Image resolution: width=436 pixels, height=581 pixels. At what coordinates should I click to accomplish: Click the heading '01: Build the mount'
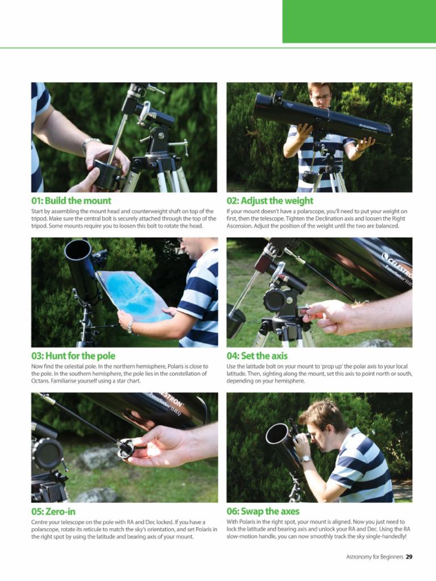tap(71, 201)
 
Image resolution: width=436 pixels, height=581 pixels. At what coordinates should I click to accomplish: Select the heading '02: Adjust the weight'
tap(270, 201)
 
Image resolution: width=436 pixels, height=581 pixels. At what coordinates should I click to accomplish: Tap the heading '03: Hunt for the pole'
tap(73, 356)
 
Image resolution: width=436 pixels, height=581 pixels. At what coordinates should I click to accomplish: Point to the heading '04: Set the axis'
tap(257, 356)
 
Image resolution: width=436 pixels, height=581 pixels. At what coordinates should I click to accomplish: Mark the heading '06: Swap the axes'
tap(263, 511)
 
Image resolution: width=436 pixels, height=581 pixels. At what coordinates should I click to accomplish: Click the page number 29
tap(409, 557)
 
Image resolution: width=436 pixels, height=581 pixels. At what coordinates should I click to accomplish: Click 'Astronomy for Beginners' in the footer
tap(375, 557)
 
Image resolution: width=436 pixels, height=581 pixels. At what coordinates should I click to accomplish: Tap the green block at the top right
tap(359, 21)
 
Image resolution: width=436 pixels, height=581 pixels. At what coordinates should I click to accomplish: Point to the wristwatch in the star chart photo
tap(131, 327)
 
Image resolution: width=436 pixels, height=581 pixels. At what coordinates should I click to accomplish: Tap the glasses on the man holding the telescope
tap(321, 98)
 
